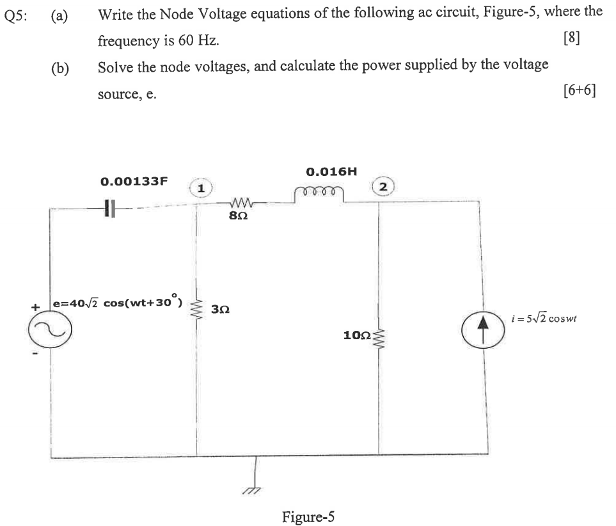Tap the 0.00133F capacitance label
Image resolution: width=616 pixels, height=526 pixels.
(x=134, y=181)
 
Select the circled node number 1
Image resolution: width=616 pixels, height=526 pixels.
(x=201, y=187)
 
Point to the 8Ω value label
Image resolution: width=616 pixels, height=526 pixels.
(x=238, y=217)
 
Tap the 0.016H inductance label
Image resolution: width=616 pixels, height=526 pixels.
(x=331, y=171)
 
